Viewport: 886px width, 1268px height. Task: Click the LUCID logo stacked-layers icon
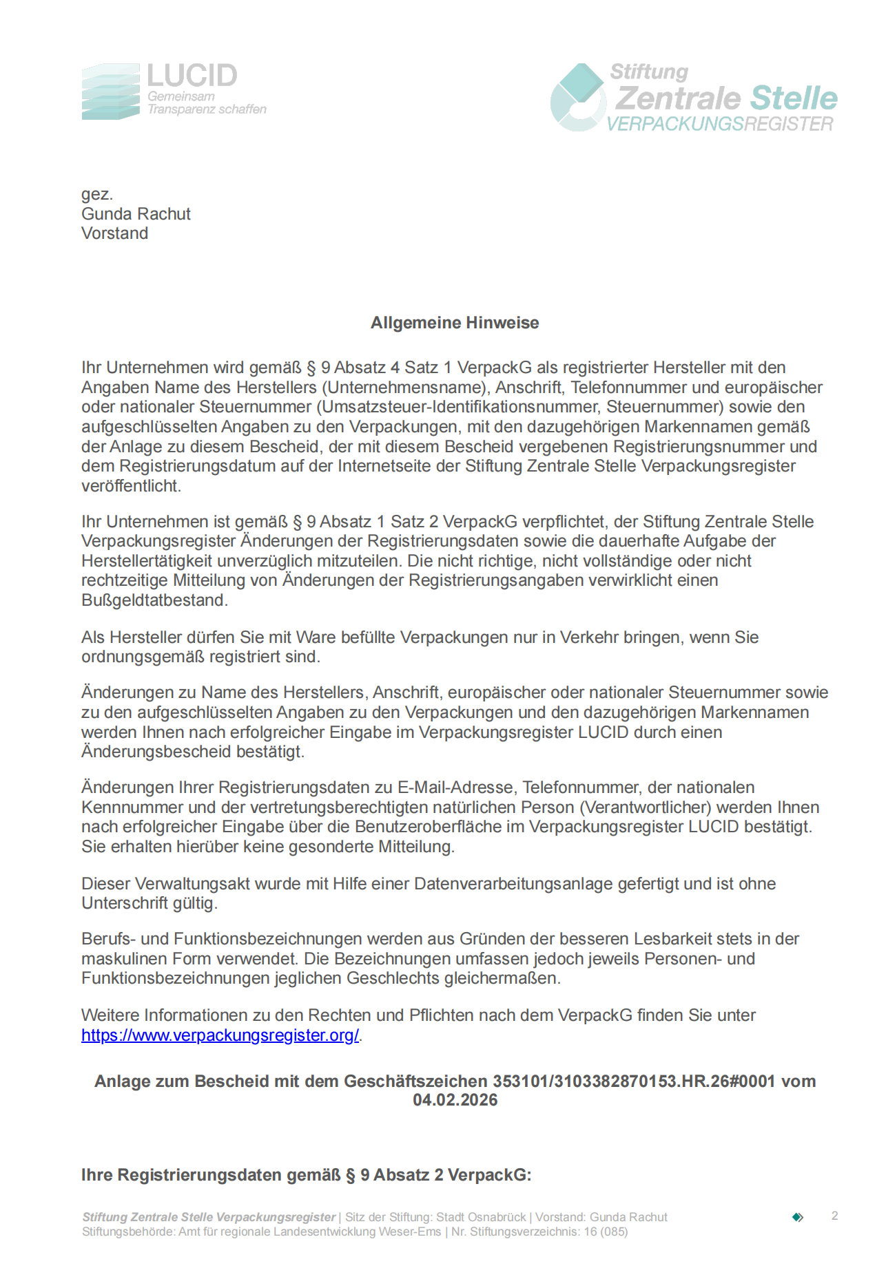pos(110,92)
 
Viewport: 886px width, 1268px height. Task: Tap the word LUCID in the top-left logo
pos(192,76)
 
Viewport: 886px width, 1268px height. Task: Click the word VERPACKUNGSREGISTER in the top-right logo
pos(720,125)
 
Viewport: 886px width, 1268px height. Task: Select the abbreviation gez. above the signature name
pos(97,194)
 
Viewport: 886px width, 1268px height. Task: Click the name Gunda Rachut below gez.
pos(136,214)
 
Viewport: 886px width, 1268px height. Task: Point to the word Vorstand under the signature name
pos(114,233)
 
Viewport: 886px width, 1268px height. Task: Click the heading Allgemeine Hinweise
pos(455,323)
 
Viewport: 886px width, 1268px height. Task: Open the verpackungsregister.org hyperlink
pos(220,1035)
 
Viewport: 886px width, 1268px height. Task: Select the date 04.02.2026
pos(455,1100)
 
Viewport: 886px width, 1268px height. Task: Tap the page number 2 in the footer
pos(834,1216)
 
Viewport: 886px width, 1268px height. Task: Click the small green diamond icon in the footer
pos(798,1217)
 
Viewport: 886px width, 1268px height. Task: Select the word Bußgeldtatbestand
pos(154,600)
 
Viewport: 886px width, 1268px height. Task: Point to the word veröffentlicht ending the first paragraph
pos(131,486)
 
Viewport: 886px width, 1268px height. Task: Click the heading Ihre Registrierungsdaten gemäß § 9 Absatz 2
pos(306,1175)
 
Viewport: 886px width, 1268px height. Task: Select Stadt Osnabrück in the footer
pos(481,1217)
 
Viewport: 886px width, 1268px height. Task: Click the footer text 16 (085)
pos(606,1232)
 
